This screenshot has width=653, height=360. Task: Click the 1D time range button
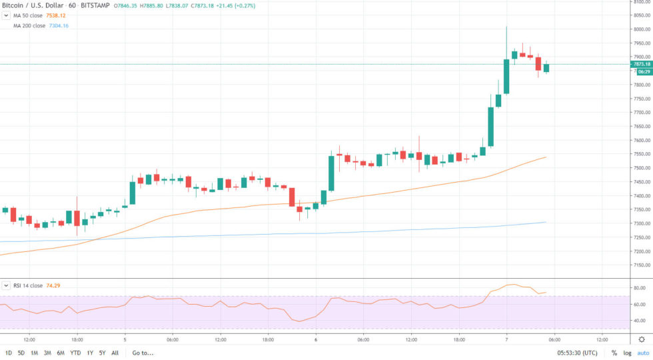(9, 353)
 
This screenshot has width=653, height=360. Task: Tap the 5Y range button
(102, 353)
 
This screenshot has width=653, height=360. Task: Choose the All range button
(115, 353)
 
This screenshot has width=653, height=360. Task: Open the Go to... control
(143, 353)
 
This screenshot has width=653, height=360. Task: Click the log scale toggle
(627, 353)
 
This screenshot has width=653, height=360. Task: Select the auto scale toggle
(643, 353)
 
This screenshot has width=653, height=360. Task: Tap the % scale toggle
(614, 353)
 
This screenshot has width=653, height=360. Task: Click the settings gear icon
(642, 339)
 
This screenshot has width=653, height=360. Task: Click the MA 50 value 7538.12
(59, 15)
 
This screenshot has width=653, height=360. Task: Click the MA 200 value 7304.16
(59, 25)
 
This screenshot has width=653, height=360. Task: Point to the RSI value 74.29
(55, 285)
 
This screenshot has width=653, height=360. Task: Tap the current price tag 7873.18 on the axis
(641, 64)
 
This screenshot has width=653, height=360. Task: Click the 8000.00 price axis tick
(641, 29)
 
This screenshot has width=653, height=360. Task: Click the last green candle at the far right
(546, 67)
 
